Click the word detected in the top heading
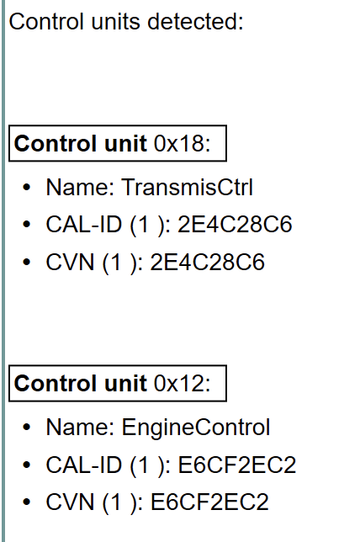pyautogui.click(x=195, y=21)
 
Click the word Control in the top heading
pyautogui.click(x=46, y=21)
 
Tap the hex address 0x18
pyautogui.click(x=182, y=143)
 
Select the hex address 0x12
pyautogui.click(x=182, y=383)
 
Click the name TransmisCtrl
pyautogui.click(x=188, y=187)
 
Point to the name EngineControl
pyautogui.click(x=196, y=428)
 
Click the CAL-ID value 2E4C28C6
pyautogui.click(x=235, y=225)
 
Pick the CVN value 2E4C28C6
pyautogui.click(x=207, y=262)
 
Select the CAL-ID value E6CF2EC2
pyautogui.click(x=237, y=465)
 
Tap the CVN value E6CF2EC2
pyautogui.click(x=209, y=502)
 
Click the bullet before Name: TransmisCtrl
pyautogui.click(x=27, y=188)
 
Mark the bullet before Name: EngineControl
pyautogui.click(x=27, y=428)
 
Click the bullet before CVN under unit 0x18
pyautogui.click(x=27, y=262)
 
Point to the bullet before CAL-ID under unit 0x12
pyautogui.click(x=27, y=465)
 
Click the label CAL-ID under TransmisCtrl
pyautogui.click(x=84, y=225)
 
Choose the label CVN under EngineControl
pyautogui.click(x=70, y=502)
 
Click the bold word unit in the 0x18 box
pyautogui.click(x=126, y=143)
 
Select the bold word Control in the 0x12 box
pyautogui.click(x=56, y=383)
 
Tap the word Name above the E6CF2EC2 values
pyautogui.click(x=80, y=428)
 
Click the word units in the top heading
pyautogui.click(x=116, y=21)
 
